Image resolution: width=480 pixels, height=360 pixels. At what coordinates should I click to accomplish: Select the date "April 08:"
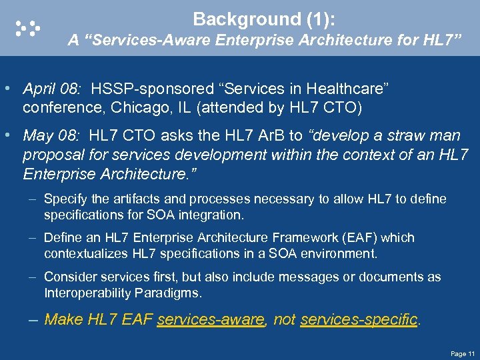click(51, 89)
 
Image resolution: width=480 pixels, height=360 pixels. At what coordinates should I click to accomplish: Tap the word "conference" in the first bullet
click(54, 107)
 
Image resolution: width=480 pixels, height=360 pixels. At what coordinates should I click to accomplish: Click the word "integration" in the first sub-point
click(211, 215)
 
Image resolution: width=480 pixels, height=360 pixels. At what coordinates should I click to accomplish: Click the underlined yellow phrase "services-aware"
click(211, 319)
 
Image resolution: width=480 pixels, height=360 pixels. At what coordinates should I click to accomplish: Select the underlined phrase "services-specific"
click(359, 319)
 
